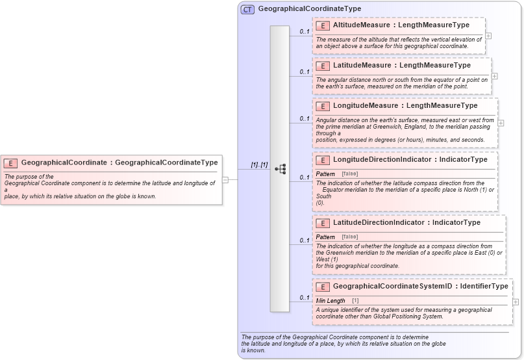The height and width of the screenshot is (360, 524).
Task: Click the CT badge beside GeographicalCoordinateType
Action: (247, 10)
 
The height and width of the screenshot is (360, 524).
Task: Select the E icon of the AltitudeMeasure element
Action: (323, 25)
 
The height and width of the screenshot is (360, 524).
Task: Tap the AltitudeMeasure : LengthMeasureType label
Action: (401, 25)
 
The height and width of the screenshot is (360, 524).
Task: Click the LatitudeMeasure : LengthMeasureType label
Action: (401, 66)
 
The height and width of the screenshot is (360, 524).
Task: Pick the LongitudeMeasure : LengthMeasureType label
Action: (405, 106)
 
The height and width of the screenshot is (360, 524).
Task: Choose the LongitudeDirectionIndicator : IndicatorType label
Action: (410, 159)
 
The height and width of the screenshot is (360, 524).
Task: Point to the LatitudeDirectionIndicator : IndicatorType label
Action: (406, 223)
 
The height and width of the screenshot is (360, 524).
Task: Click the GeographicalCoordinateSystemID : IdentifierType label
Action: (420, 287)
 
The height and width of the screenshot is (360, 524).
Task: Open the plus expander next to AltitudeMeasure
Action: (488, 36)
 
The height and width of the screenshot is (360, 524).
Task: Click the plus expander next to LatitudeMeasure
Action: (495, 75)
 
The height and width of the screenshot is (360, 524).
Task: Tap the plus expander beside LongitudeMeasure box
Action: (501, 123)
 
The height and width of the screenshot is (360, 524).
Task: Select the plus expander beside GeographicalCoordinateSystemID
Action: (516, 302)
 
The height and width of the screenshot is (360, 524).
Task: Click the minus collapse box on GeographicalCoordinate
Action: (225, 180)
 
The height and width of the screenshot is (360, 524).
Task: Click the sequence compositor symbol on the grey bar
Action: (280, 169)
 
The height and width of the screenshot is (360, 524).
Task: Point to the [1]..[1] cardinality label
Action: (259, 165)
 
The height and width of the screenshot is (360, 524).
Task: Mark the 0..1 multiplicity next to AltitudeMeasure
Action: (304, 31)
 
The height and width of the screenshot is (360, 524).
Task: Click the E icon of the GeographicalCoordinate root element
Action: (11, 163)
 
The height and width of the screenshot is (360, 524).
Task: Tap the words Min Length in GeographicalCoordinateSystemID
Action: (331, 301)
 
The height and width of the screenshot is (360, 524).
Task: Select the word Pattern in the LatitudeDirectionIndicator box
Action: (325, 237)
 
